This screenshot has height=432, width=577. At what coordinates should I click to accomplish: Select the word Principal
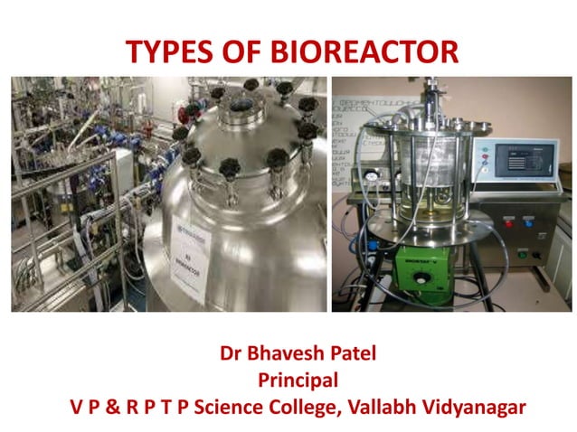coord(288,380)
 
